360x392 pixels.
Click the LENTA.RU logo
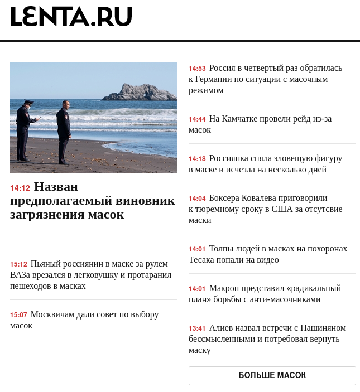pyautogui.click(x=71, y=17)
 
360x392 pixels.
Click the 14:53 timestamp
pyautogui.click(x=197, y=69)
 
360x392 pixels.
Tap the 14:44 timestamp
pyautogui.click(x=197, y=119)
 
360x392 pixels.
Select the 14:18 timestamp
pyautogui.click(x=197, y=159)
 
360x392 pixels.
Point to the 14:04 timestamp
pyautogui.click(x=197, y=199)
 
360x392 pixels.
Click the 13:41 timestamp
pyautogui.click(x=197, y=328)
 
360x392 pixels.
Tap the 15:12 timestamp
pyautogui.click(x=18, y=264)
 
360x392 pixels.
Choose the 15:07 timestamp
pyautogui.click(x=18, y=315)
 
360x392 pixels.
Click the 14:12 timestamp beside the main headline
pyautogui.click(x=20, y=188)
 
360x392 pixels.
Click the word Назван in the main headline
pyautogui.click(x=56, y=187)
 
